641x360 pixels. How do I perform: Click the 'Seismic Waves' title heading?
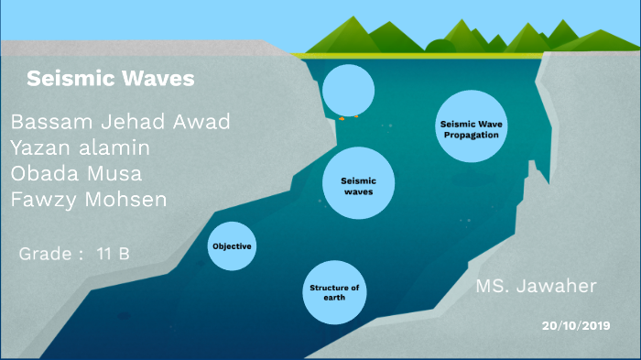pos(110,80)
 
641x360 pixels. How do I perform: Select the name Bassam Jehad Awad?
pos(120,123)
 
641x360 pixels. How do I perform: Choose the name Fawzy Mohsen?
pos(88,199)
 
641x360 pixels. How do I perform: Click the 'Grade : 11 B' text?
pos(74,253)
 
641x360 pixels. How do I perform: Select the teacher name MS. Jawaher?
pos(536,287)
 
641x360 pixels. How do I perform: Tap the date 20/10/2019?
pos(575,325)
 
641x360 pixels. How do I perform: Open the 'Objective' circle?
pos(231,246)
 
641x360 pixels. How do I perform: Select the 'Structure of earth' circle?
pos(334,292)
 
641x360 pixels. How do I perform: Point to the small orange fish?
pos(341,117)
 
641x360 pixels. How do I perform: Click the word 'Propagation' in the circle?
pos(470,135)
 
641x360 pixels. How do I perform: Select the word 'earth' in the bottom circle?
pos(334,298)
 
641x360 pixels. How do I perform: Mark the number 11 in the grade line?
pos(105,253)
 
